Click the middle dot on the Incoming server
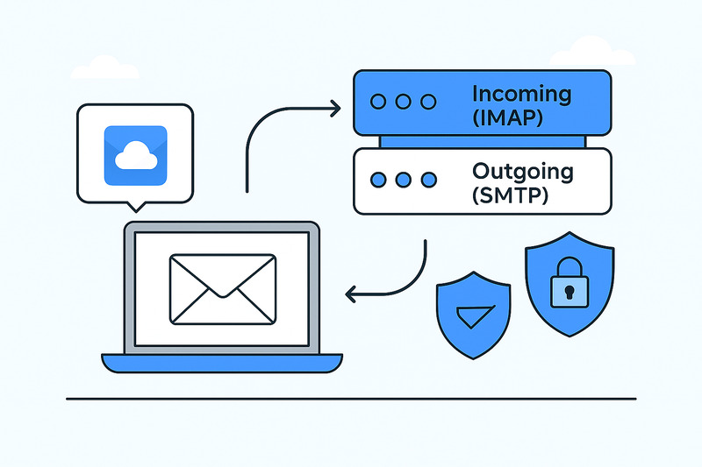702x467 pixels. [x=404, y=102]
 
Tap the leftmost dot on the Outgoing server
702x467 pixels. [x=379, y=180]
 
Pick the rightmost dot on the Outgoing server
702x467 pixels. [x=428, y=180]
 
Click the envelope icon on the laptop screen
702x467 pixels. [x=223, y=289]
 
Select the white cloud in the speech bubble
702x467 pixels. [x=134, y=157]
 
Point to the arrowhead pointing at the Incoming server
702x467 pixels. [x=336, y=109]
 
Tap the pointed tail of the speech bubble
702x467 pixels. [x=134, y=208]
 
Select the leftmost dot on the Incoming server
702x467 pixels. [x=379, y=102]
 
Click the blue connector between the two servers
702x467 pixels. [x=481, y=141]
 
